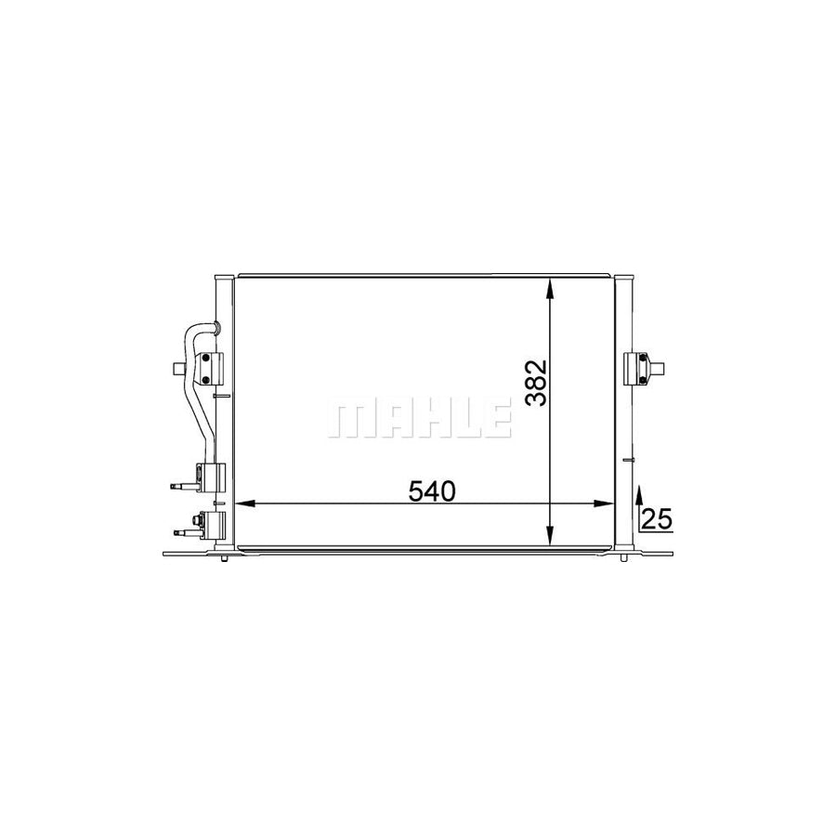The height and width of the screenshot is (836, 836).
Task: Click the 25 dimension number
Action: (656, 520)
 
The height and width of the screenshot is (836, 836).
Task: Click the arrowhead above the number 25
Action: (639, 490)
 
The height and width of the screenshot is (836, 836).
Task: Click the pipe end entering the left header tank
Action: (214, 326)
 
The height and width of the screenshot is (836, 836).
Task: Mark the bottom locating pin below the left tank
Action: (224, 560)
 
